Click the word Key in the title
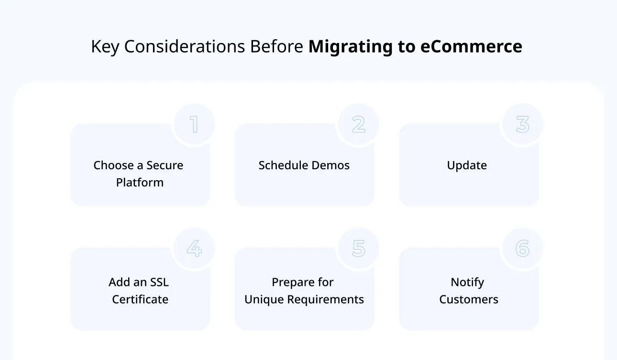(104, 47)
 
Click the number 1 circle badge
(194, 124)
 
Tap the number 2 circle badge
(358, 124)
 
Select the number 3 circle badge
(522, 124)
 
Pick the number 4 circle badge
(194, 249)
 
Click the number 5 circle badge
(358, 249)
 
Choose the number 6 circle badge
(522, 249)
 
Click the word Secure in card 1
(165, 165)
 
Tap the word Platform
(140, 183)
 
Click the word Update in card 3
(467, 165)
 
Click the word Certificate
(140, 300)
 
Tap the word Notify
(467, 282)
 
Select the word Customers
(469, 300)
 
